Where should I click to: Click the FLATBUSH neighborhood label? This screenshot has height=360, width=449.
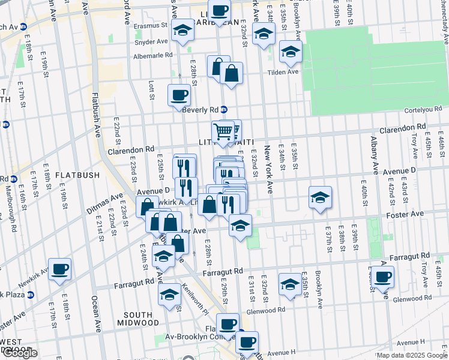tap(76, 175)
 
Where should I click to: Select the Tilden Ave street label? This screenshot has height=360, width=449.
tap(283, 71)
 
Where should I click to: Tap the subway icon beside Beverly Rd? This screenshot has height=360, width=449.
tap(224, 110)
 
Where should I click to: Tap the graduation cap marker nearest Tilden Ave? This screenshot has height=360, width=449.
tap(291, 53)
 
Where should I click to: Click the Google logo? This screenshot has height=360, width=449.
tap(20, 353)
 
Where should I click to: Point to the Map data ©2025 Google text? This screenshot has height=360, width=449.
tap(412, 355)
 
